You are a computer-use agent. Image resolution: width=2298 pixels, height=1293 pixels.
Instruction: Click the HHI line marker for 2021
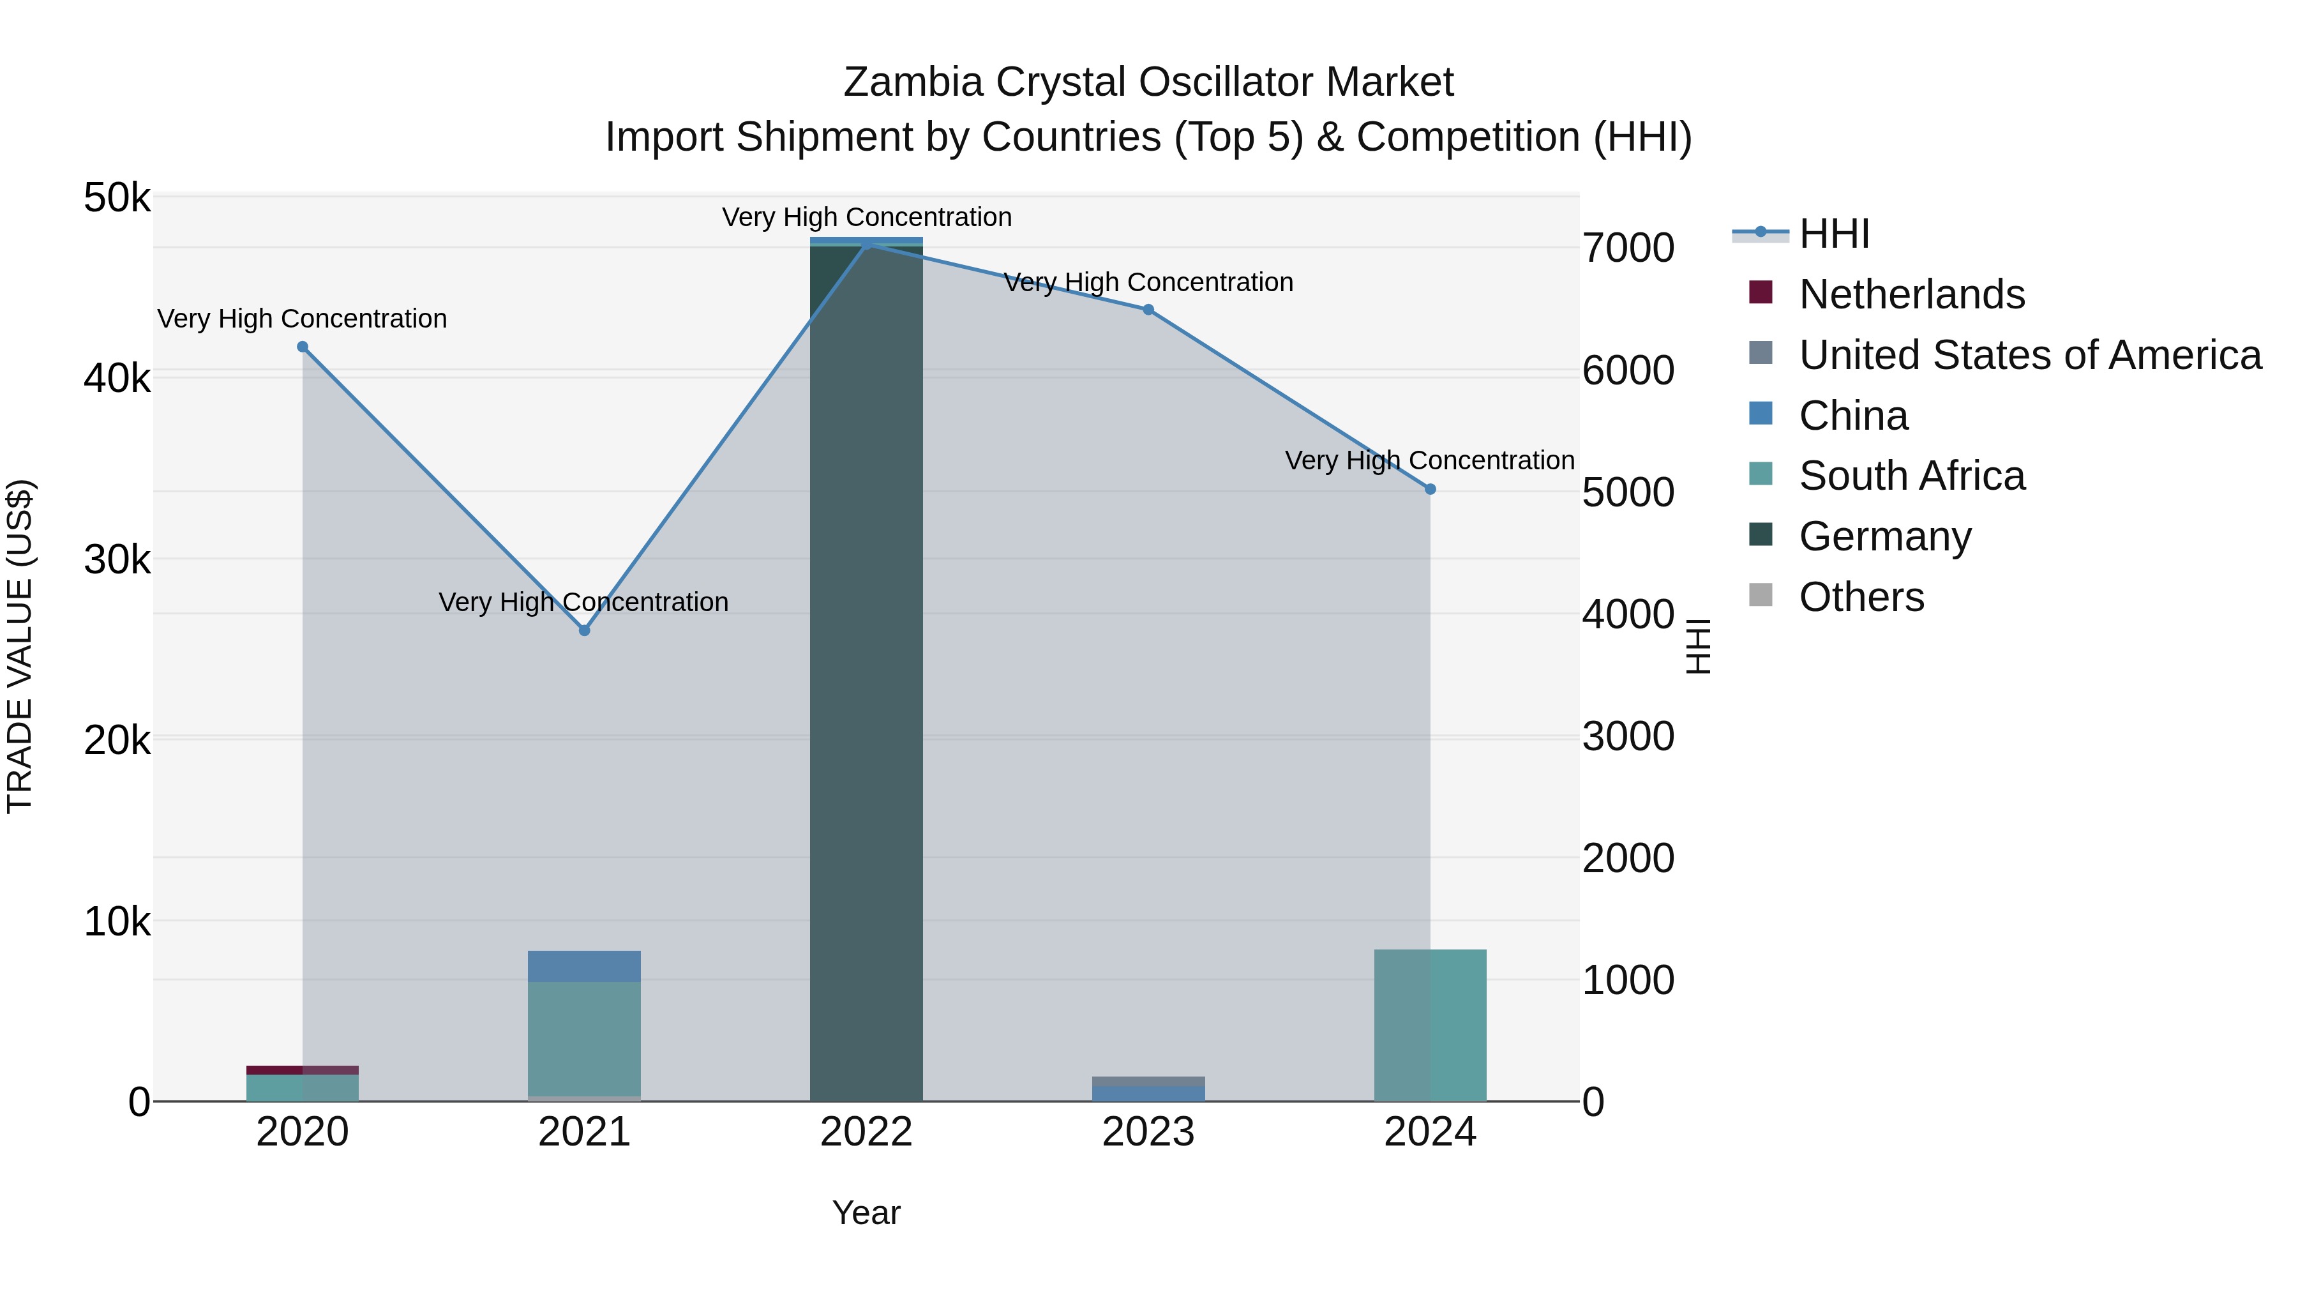point(584,630)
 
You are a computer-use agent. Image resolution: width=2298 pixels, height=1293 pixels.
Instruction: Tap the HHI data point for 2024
point(1430,489)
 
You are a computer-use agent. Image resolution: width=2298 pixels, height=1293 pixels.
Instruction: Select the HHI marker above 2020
point(303,347)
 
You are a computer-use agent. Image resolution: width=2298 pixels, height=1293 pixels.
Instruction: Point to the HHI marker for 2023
point(1148,310)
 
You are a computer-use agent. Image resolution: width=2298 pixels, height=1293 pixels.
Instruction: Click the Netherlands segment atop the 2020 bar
point(303,1070)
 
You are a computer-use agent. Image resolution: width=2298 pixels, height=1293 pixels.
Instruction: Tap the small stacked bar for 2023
point(1148,1089)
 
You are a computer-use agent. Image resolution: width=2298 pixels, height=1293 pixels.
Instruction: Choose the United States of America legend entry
point(2029,355)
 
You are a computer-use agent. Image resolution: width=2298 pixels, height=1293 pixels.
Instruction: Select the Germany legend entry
point(1884,536)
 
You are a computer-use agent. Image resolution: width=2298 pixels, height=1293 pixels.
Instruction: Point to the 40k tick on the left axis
point(117,379)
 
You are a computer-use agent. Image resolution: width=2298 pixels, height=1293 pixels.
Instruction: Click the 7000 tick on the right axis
point(1628,248)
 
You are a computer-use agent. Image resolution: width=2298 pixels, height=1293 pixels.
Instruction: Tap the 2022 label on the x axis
point(866,1132)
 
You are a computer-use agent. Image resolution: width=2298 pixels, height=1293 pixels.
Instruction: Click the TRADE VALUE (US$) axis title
point(20,646)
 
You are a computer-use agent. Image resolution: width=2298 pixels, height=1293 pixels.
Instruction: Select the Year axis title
point(866,1213)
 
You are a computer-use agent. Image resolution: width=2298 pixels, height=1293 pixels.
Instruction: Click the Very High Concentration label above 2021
point(583,602)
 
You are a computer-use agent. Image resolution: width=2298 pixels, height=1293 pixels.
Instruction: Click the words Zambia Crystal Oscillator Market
point(1148,82)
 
